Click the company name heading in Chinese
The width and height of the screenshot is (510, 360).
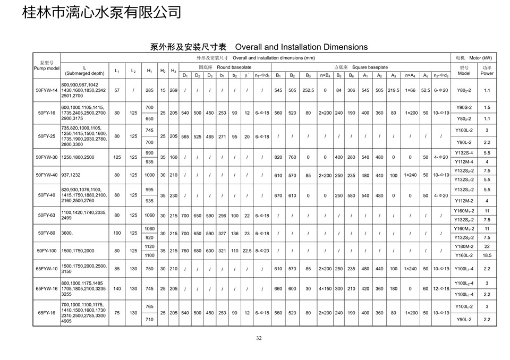pyautogui.click(x=101, y=12)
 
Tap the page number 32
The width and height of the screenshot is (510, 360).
pyautogui.click(x=259, y=339)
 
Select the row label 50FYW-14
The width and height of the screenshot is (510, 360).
pyautogui.click(x=46, y=90)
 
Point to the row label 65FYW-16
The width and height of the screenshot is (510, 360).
pyautogui.click(x=46, y=289)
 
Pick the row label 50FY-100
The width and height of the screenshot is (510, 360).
pyautogui.click(x=46, y=251)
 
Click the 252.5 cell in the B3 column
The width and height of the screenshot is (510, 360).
pyautogui.click(x=308, y=90)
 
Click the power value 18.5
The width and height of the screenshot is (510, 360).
pyautogui.click(x=487, y=255)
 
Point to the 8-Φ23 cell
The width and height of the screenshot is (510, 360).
pyautogui.click(x=262, y=251)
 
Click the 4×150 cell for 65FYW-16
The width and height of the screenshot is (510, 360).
pyautogui.click(x=325, y=289)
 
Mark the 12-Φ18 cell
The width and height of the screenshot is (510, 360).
pyautogui.click(x=441, y=289)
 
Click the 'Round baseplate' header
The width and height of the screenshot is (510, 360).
pyautogui.click(x=225, y=67)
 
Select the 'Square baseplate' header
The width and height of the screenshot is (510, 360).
pyautogui.click(x=361, y=67)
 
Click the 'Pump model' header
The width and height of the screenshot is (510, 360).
pyautogui.click(x=46, y=68)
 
